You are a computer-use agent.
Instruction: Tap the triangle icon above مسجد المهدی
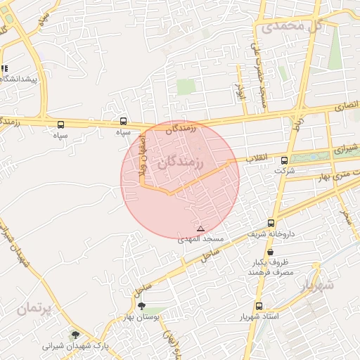(x=201, y=229)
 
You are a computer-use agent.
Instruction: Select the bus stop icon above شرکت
(x=284, y=160)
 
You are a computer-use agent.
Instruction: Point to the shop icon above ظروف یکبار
(x=271, y=252)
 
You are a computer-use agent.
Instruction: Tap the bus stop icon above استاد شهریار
(x=259, y=307)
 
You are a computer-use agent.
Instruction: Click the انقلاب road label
(x=257, y=159)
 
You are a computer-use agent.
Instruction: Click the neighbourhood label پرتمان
(x=36, y=309)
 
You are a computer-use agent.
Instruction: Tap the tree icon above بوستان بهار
(x=143, y=307)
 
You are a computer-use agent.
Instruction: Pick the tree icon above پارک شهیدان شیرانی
(x=75, y=335)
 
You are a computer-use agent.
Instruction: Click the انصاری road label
(x=345, y=106)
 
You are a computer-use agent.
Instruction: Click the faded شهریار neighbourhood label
(x=316, y=287)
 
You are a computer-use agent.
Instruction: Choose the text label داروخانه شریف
(x=271, y=234)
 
